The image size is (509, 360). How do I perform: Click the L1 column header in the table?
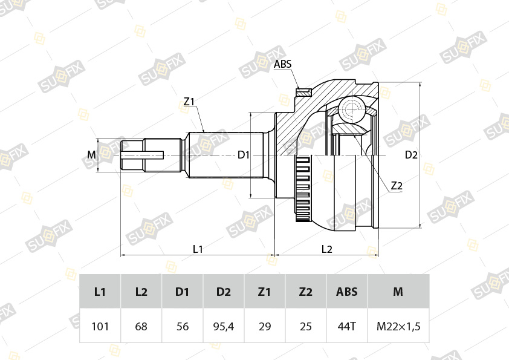[x=100, y=292]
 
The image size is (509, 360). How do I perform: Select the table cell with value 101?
[x=100, y=326]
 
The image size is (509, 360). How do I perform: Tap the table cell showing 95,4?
[x=223, y=326]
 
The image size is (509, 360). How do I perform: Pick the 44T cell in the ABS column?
[x=347, y=326]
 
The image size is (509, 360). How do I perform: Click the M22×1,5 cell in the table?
[x=398, y=326]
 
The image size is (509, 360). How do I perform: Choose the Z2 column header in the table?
[x=305, y=292]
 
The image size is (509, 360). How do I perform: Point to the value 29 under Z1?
[x=265, y=326]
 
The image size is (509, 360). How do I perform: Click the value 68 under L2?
[x=141, y=326]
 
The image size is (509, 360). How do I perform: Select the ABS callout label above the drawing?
[x=282, y=64]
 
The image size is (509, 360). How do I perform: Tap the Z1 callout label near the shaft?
[x=189, y=102]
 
